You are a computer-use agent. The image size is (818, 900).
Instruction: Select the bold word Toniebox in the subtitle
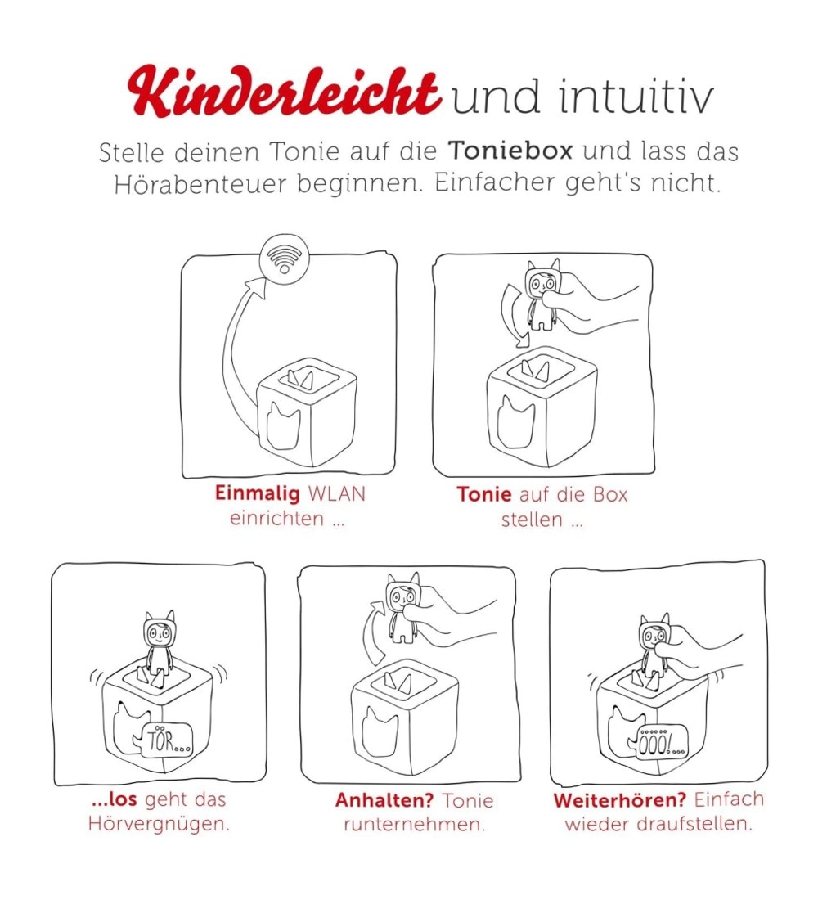tap(510, 151)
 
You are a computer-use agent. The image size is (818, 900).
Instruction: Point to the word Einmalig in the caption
tap(258, 493)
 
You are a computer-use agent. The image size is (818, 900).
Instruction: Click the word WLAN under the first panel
tap(337, 493)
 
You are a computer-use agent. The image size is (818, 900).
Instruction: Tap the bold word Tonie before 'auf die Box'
tap(484, 494)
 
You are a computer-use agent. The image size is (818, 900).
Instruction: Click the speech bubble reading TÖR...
tap(164, 740)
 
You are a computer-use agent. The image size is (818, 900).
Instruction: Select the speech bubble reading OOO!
tap(658, 743)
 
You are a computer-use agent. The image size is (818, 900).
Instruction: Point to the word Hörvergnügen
tap(159, 824)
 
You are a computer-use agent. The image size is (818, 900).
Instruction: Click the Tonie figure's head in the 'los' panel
tap(159, 630)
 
